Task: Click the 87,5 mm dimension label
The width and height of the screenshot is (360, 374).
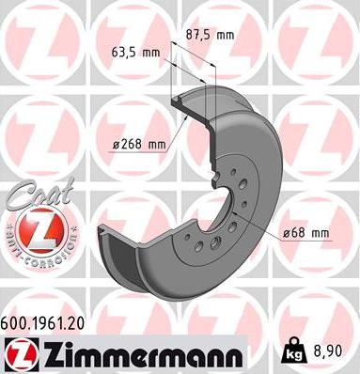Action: tap(210, 35)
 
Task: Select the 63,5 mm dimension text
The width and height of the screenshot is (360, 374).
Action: tap(135, 53)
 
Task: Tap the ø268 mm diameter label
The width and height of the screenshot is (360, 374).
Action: tap(139, 144)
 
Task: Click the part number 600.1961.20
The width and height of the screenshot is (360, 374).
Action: tap(42, 323)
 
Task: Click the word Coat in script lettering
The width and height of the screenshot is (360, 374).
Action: tap(41, 194)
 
